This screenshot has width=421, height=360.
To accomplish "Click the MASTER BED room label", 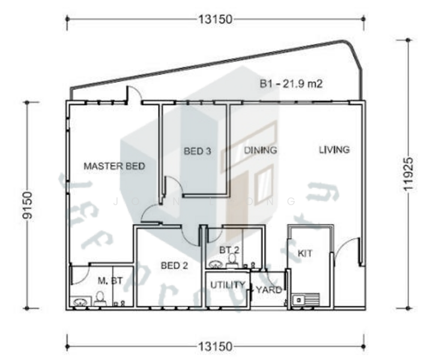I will tap(114, 166).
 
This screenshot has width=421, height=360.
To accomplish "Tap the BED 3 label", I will tap(197, 151).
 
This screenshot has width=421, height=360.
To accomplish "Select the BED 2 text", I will tap(174, 266).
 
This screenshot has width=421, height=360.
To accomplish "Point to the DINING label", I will tap(261, 150).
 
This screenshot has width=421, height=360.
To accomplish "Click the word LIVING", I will tap(334, 149).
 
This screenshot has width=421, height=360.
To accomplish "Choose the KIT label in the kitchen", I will tap(305, 254).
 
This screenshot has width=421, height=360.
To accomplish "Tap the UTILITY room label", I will tap(227, 285).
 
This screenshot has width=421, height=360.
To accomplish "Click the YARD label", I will tap(268, 290).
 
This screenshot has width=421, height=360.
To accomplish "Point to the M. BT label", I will tap(111, 281).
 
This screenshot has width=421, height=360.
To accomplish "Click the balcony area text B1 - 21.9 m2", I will tap(292, 85).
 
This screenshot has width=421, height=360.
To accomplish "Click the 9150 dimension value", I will tap(27, 205).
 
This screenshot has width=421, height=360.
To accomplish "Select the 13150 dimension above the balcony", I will tap(215, 19).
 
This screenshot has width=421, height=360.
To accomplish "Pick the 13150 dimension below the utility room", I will tap(215, 346).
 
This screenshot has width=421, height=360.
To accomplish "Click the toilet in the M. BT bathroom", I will tap(100, 298).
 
